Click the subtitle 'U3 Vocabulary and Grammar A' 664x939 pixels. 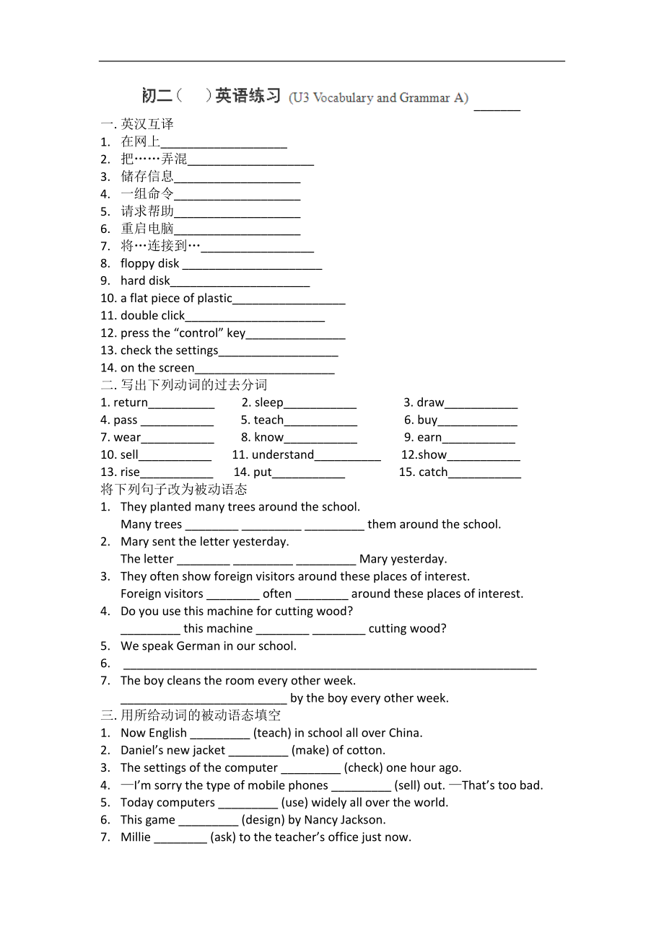(379, 98)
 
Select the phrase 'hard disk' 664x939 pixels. (145, 281)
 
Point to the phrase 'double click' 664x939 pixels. (152, 315)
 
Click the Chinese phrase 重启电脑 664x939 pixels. (147, 229)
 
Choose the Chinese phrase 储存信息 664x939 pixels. (147, 176)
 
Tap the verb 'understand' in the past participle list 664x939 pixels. (282, 454)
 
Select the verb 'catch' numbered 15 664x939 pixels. (433, 472)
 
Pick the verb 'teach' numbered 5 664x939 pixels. (268, 420)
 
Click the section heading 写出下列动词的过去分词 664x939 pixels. (193, 385)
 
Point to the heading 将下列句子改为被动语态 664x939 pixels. (174, 490)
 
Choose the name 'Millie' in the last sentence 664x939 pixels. (136, 837)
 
